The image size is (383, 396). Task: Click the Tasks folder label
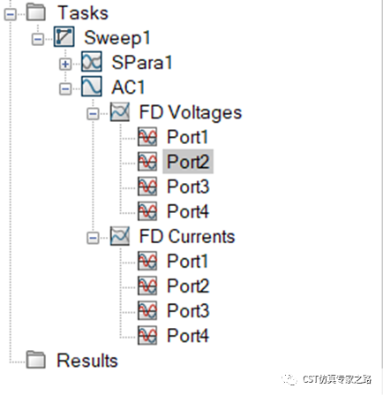click(x=83, y=13)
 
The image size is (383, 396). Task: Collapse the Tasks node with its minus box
click(x=11, y=14)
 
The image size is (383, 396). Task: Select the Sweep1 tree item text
click(x=117, y=38)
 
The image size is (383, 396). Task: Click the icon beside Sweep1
click(x=64, y=36)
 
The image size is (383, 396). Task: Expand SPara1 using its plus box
click(x=65, y=64)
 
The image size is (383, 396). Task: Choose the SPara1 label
click(x=142, y=63)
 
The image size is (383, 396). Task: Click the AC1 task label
click(x=128, y=88)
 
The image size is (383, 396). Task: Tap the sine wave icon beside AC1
click(x=92, y=87)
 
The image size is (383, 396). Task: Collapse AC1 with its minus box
click(x=65, y=88)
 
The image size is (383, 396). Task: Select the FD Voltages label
click(x=191, y=112)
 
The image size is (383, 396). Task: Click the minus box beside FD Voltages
click(x=93, y=114)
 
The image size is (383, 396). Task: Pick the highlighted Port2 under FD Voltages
click(x=188, y=162)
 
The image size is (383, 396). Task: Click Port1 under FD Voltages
click(x=187, y=137)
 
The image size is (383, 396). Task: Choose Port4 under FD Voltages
click(x=188, y=211)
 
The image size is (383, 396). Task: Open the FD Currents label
click(x=187, y=237)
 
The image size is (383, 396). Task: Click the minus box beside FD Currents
click(x=93, y=238)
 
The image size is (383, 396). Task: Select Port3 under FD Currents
click(x=188, y=311)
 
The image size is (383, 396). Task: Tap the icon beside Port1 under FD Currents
click(x=147, y=261)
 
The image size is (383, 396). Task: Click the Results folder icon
click(x=36, y=360)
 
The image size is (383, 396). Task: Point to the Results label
click(x=87, y=361)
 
